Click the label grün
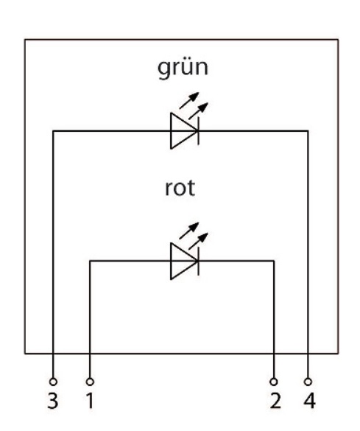point(183,69)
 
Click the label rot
point(180,189)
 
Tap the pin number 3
point(53,401)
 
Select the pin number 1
point(90,401)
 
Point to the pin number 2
point(275,401)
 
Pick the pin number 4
point(310,401)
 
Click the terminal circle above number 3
point(53,382)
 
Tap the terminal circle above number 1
point(90,382)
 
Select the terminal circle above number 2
point(274,382)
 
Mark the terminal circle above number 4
point(308,382)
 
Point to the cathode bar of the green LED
point(199,131)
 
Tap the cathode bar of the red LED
point(199,261)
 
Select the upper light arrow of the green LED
point(189,100)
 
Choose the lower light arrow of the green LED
point(198,111)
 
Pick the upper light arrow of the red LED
point(189,231)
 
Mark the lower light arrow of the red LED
point(198,241)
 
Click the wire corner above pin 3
point(53,131)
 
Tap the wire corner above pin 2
point(274,261)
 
